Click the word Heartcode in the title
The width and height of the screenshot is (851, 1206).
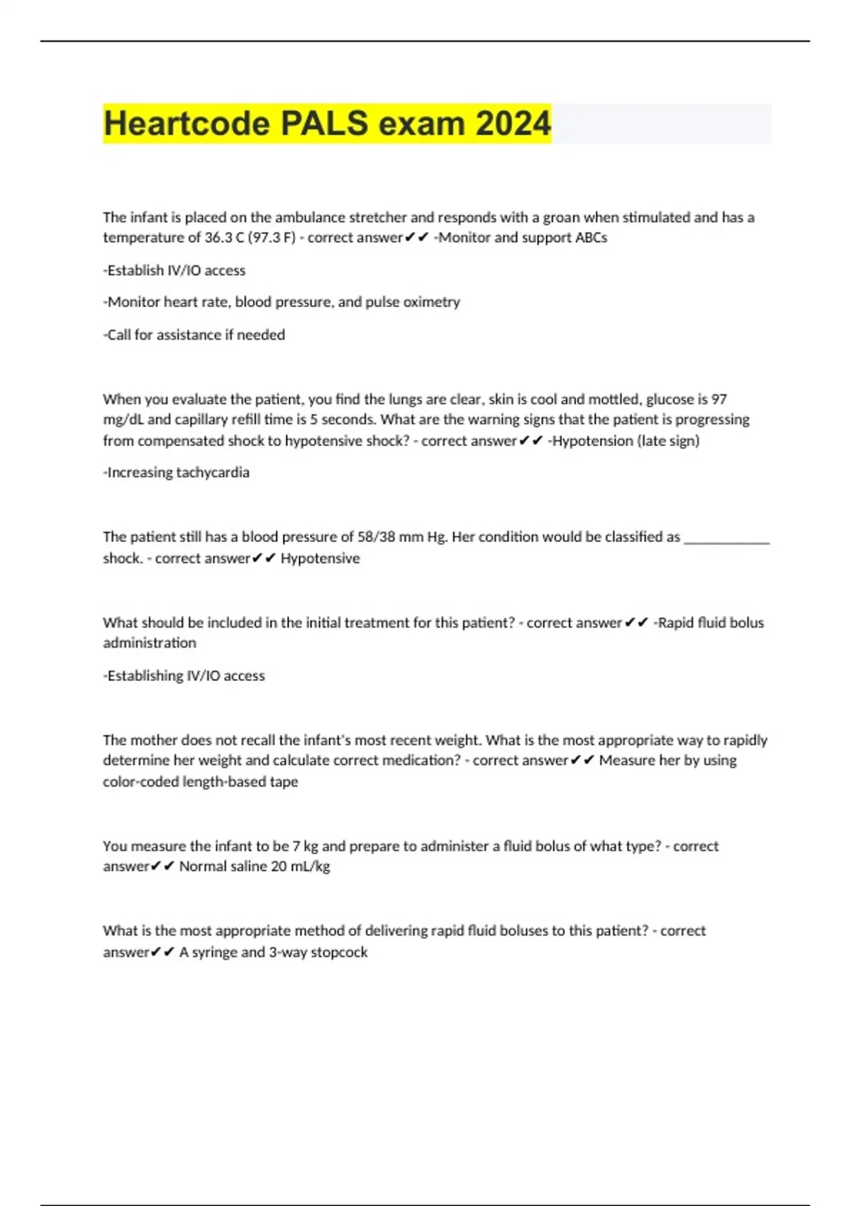pyautogui.click(x=187, y=123)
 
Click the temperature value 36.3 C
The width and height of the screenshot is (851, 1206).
pyautogui.click(x=223, y=238)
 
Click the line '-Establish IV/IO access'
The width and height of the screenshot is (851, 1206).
pyautogui.click(x=174, y=270)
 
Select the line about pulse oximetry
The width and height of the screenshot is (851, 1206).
pyautogui.click(x=282, y=302)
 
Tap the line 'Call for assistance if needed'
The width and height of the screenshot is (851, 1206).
pyautogui.click(x=194, y=335)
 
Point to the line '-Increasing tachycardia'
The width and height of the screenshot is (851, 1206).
pyautogui.click(x=177, y=472)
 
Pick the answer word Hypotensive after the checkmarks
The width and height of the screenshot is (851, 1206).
pyautogui.click(x=320, y=558)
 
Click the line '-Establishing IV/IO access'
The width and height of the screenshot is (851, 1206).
pyautogui.click(x=184, y=676)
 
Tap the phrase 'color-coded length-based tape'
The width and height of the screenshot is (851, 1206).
pyautogui.click(x=201, y=782)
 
